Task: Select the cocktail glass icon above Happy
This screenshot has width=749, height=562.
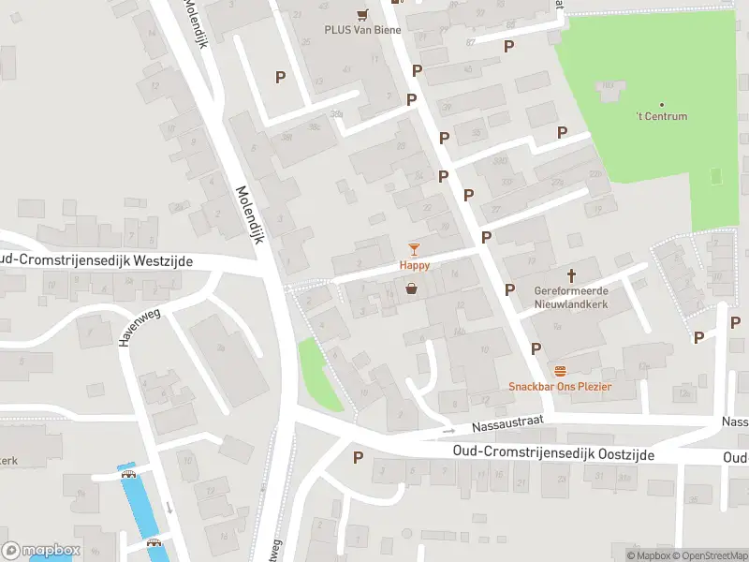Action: [415, 248]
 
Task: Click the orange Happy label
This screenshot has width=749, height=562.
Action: [415, 265]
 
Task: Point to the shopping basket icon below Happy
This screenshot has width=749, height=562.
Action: [411, 290]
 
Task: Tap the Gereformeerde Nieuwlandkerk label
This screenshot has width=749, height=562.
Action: [571, 297]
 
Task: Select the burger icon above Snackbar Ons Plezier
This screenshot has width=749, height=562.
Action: [560, 371]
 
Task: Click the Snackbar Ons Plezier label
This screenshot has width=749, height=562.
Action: [560, 387]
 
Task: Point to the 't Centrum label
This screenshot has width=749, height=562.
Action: [663, 116]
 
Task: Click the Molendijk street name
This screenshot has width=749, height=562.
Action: [248, 214]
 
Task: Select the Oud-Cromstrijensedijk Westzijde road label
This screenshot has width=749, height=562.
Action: [95, 260]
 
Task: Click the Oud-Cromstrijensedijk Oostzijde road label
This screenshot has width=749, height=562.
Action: [552, 453]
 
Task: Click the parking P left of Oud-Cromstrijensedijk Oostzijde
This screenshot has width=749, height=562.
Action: [357, 457]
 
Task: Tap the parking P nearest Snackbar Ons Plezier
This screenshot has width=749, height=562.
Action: [536, 348]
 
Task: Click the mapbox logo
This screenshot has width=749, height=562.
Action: [41, 550]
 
